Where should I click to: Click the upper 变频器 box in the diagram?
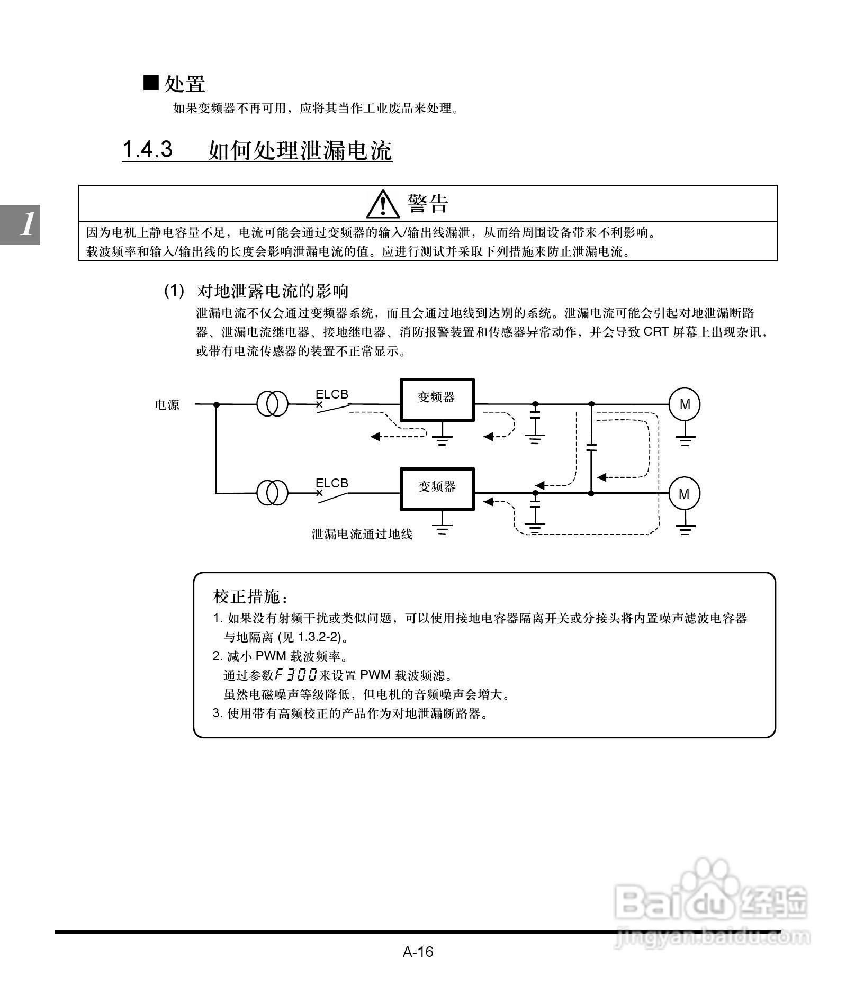[437, 400]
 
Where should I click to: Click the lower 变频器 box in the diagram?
[437, 489]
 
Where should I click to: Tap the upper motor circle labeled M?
[685, 404]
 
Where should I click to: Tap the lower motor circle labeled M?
[684, 494]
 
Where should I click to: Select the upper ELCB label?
[332, 394]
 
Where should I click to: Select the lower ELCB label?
[332, 483]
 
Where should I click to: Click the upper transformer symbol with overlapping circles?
[273, 404]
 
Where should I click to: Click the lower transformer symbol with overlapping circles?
[273, 493]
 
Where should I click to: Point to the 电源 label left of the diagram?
[167, 405]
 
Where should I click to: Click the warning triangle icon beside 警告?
[383, 205]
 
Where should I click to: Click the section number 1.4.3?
[147, 150]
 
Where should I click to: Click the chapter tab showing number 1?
[20, 224]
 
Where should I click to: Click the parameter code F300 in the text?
[296, 675]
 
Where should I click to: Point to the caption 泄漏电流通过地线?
[362, 535]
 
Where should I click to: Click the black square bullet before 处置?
[151, 83]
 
